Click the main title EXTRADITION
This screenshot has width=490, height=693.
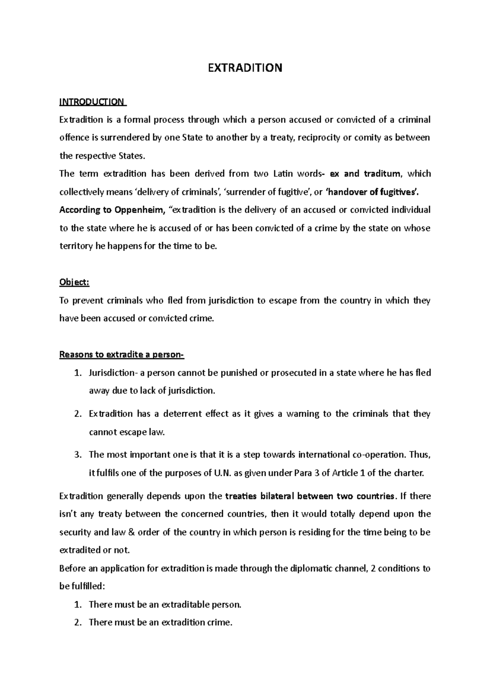tap(245, 68)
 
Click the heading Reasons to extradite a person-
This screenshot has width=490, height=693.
tap(122, 354)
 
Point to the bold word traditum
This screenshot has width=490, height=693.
tap(382, 174)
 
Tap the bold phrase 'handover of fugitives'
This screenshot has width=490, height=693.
tap(371, 192)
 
